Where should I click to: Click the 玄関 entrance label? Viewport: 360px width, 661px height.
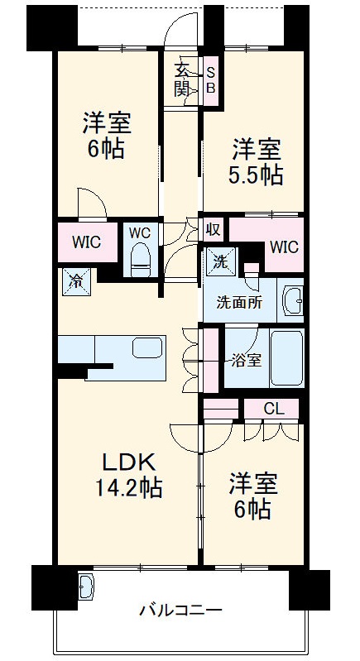click(x=182, y=79)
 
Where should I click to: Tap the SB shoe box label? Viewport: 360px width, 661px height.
click(x=210, y=79)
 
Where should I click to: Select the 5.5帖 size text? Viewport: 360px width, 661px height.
click(x=256, y=175)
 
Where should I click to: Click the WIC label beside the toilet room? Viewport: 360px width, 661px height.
click(x=85, y=242)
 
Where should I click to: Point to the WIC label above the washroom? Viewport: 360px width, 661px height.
click(x=283, y=247)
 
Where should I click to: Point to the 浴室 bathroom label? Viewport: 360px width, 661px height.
click(x=246, y=360)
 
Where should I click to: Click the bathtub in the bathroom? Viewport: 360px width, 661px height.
click(x=286, y=358)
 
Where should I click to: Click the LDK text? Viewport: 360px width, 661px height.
click(x=127, y=462)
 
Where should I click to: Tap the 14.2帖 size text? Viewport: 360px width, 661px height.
click(x=127, y=488)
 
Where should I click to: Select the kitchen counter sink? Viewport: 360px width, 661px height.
click(x=148, y=347)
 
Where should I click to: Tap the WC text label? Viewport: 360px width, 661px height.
click(x=138, y=232)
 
